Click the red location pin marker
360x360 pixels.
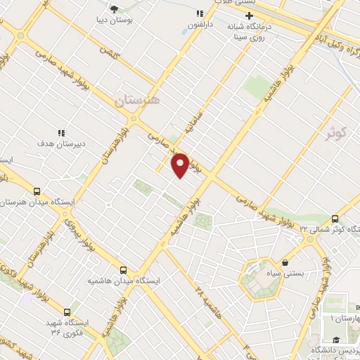point(180,165)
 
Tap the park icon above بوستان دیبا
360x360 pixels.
point(115,9)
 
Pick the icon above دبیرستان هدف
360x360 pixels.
point(60,132)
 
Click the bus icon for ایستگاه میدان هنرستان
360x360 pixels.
point(37,191)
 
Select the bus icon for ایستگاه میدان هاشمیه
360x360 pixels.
point(124,269)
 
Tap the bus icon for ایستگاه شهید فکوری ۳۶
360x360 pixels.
point(67,311)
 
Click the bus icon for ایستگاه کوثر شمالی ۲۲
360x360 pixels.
point(335,218)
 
